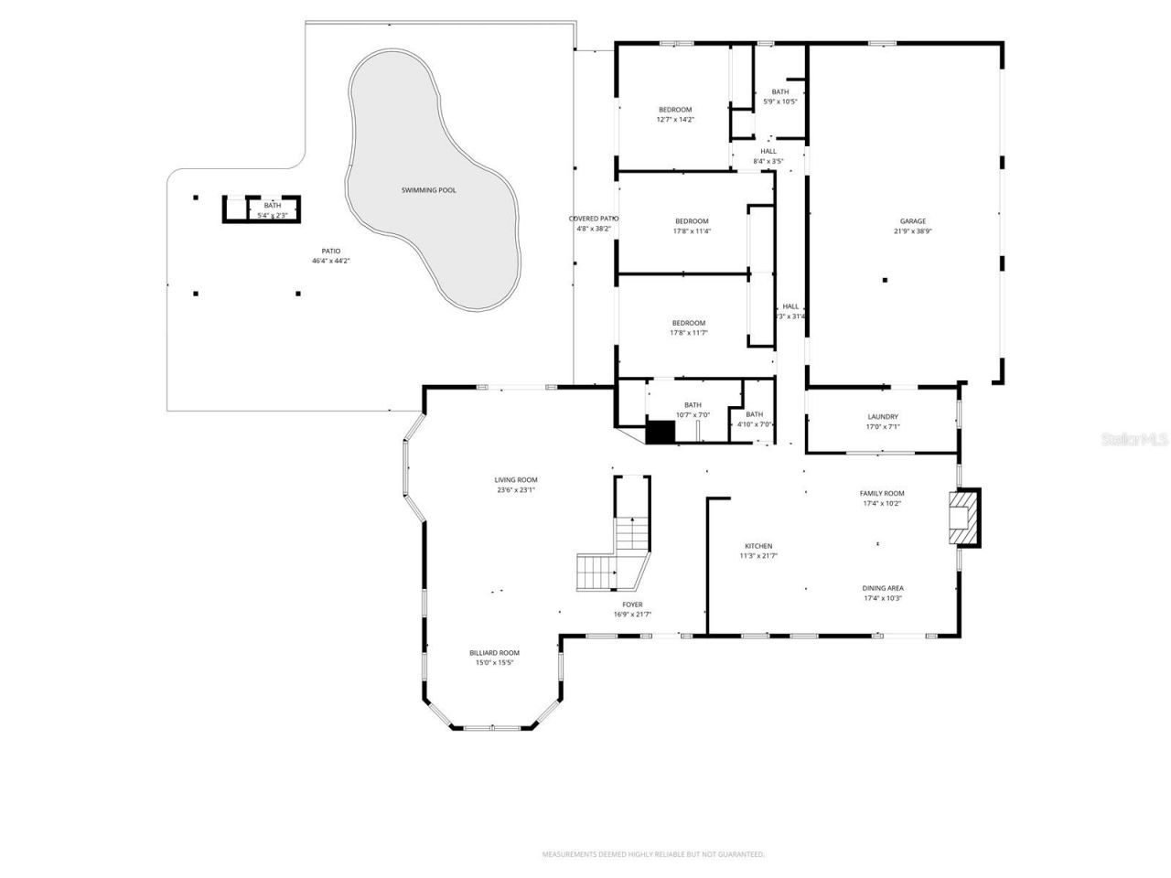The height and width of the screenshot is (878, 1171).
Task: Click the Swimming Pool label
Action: pyautogui.click(x=428, y=190)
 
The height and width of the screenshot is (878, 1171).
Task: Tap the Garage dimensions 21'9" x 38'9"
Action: pyautogui.click(x=912, y=231)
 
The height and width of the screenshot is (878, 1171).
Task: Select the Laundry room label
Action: pyautogui.click(x=883, y=416)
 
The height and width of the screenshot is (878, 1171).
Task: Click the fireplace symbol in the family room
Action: pyautogui.click(x=963, y=519)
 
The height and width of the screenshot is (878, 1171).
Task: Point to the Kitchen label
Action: pyautogui.click(x=757, y=546)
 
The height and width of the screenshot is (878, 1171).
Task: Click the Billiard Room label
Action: pyautogui.click(x=494, y=653)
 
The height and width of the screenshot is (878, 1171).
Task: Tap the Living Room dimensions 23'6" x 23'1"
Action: pyautogui.click(x=515, y=490)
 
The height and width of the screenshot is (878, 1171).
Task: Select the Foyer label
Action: pyautogui.click(x=632, y=605)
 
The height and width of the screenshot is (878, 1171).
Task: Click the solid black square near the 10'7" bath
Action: pyautogui.click(x=660, y=432)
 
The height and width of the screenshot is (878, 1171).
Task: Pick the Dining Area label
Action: pyautogui.click(x=883, y=588)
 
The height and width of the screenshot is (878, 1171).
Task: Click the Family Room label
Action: pyautogui.click(x=882, y=493)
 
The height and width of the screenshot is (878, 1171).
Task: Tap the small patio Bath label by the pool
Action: pyautogui.click(x=273, y=206)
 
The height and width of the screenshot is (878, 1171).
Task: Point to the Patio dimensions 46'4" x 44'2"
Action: pyautogui.click(x=330, y=262)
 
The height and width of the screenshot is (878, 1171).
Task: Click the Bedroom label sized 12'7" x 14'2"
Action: pyautogui.click(x=675, y=110)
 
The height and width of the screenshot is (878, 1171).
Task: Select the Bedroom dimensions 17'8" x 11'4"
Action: pyautogui.click(x=692, y=231)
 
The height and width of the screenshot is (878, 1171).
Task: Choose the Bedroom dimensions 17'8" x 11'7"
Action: pyautogui.click(x=689, y=333)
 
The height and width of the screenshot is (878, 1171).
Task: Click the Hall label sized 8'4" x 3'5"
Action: pyautogui.click(x=768, y=152)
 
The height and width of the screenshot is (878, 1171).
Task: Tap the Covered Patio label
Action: pyautogui.click(x=594, y=219)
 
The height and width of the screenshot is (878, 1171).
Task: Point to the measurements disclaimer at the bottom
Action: pyautogui.click(x=653, y=854)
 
